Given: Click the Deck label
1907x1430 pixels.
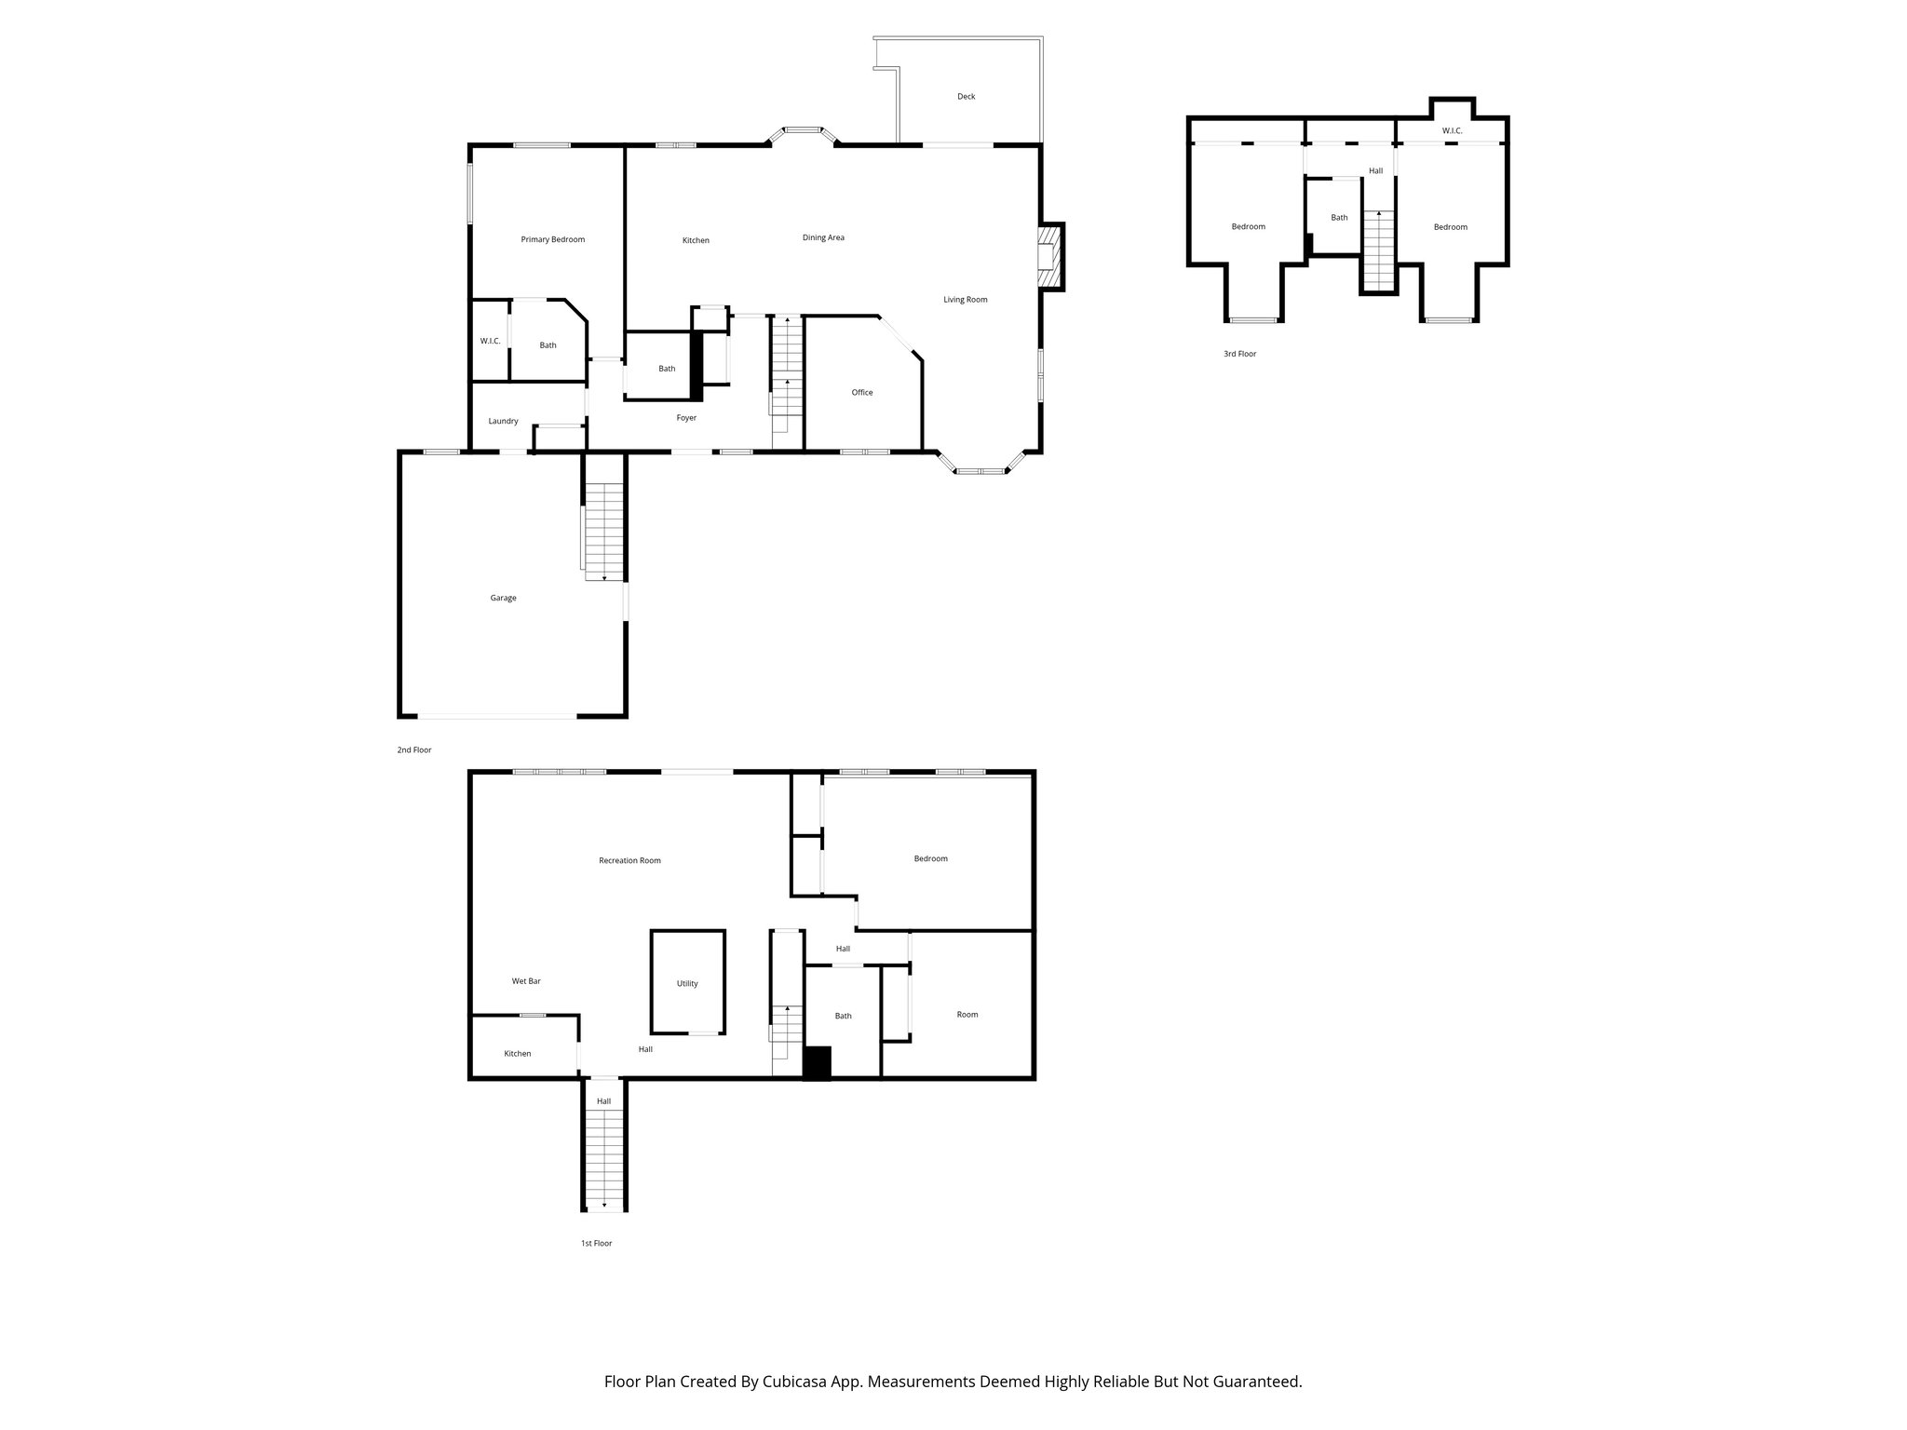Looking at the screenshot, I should [x=966, y=97].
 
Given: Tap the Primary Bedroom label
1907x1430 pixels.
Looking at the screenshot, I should [x=552, y=239].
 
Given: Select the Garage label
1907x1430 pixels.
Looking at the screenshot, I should [x=503, y=598].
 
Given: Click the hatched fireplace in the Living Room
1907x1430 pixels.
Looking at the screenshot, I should [x=1049, y=257].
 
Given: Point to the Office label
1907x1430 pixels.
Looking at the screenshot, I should [x=861, y=392].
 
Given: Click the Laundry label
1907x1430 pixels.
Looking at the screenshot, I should [x=503, y=421].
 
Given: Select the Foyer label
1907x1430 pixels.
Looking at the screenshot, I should [x=685, y=418].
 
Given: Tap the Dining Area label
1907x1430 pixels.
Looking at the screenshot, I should [x=823, y=237].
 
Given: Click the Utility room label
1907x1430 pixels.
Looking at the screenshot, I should [x=687, y=983].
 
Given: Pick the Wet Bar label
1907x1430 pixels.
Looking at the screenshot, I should [x=526, y=981].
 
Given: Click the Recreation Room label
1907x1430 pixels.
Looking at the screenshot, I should [x=629, y=860].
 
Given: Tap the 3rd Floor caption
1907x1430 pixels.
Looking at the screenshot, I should [x=1239, y=354].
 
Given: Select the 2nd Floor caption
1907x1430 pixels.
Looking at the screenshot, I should [x=414, y=749].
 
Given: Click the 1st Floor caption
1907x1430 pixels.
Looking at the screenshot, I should [x=596, y=1243].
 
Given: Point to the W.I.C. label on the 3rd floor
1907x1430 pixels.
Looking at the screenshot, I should [x=1452, y=131].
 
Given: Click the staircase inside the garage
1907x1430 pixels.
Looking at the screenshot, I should [x=604, y=531].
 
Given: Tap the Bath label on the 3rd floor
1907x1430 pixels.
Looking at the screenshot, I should [x=1338, y=218].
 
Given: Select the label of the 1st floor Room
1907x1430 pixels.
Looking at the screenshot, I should [x=967, y=1015].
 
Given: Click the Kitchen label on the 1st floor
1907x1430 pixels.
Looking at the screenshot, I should [x=517, y=1054].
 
